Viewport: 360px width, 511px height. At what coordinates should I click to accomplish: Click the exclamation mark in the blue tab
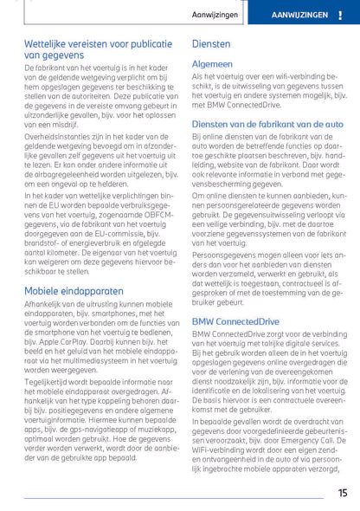[340, 16]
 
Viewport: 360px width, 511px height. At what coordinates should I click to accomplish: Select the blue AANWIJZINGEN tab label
[299, 16]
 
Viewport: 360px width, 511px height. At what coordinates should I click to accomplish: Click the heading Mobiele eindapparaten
[74, 291]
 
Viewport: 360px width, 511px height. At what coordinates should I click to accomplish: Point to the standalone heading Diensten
[210, 42]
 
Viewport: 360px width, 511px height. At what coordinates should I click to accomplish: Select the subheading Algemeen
[213, 63]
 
